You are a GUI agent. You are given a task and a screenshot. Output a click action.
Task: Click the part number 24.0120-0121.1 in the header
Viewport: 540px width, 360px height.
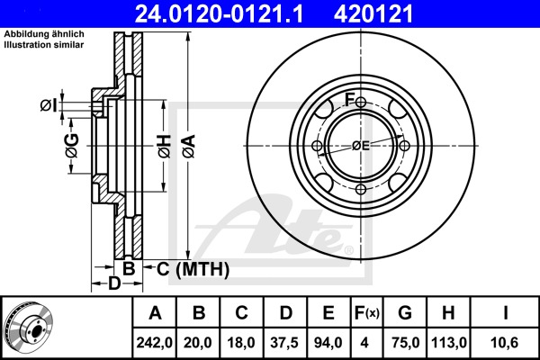[219, 13]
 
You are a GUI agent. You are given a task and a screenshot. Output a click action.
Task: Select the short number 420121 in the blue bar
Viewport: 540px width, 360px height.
[373, 13]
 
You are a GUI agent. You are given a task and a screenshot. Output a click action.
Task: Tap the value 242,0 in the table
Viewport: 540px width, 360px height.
[154, 343]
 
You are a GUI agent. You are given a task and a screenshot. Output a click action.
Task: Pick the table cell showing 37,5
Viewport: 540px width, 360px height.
[284, 343]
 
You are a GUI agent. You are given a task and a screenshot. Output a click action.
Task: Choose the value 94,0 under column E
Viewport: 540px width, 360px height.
[328, 343]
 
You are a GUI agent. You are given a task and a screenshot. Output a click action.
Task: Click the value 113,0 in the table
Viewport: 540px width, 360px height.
[449, 343]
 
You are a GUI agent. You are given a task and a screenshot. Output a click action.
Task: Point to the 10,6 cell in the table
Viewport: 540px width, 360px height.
[505, 343]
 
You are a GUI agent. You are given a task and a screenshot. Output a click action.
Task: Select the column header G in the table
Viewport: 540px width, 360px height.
[405, 313]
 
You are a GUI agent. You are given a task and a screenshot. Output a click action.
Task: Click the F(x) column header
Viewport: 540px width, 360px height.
[366, 313]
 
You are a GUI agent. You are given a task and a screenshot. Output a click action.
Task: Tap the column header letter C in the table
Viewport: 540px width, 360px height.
[241, 313]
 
